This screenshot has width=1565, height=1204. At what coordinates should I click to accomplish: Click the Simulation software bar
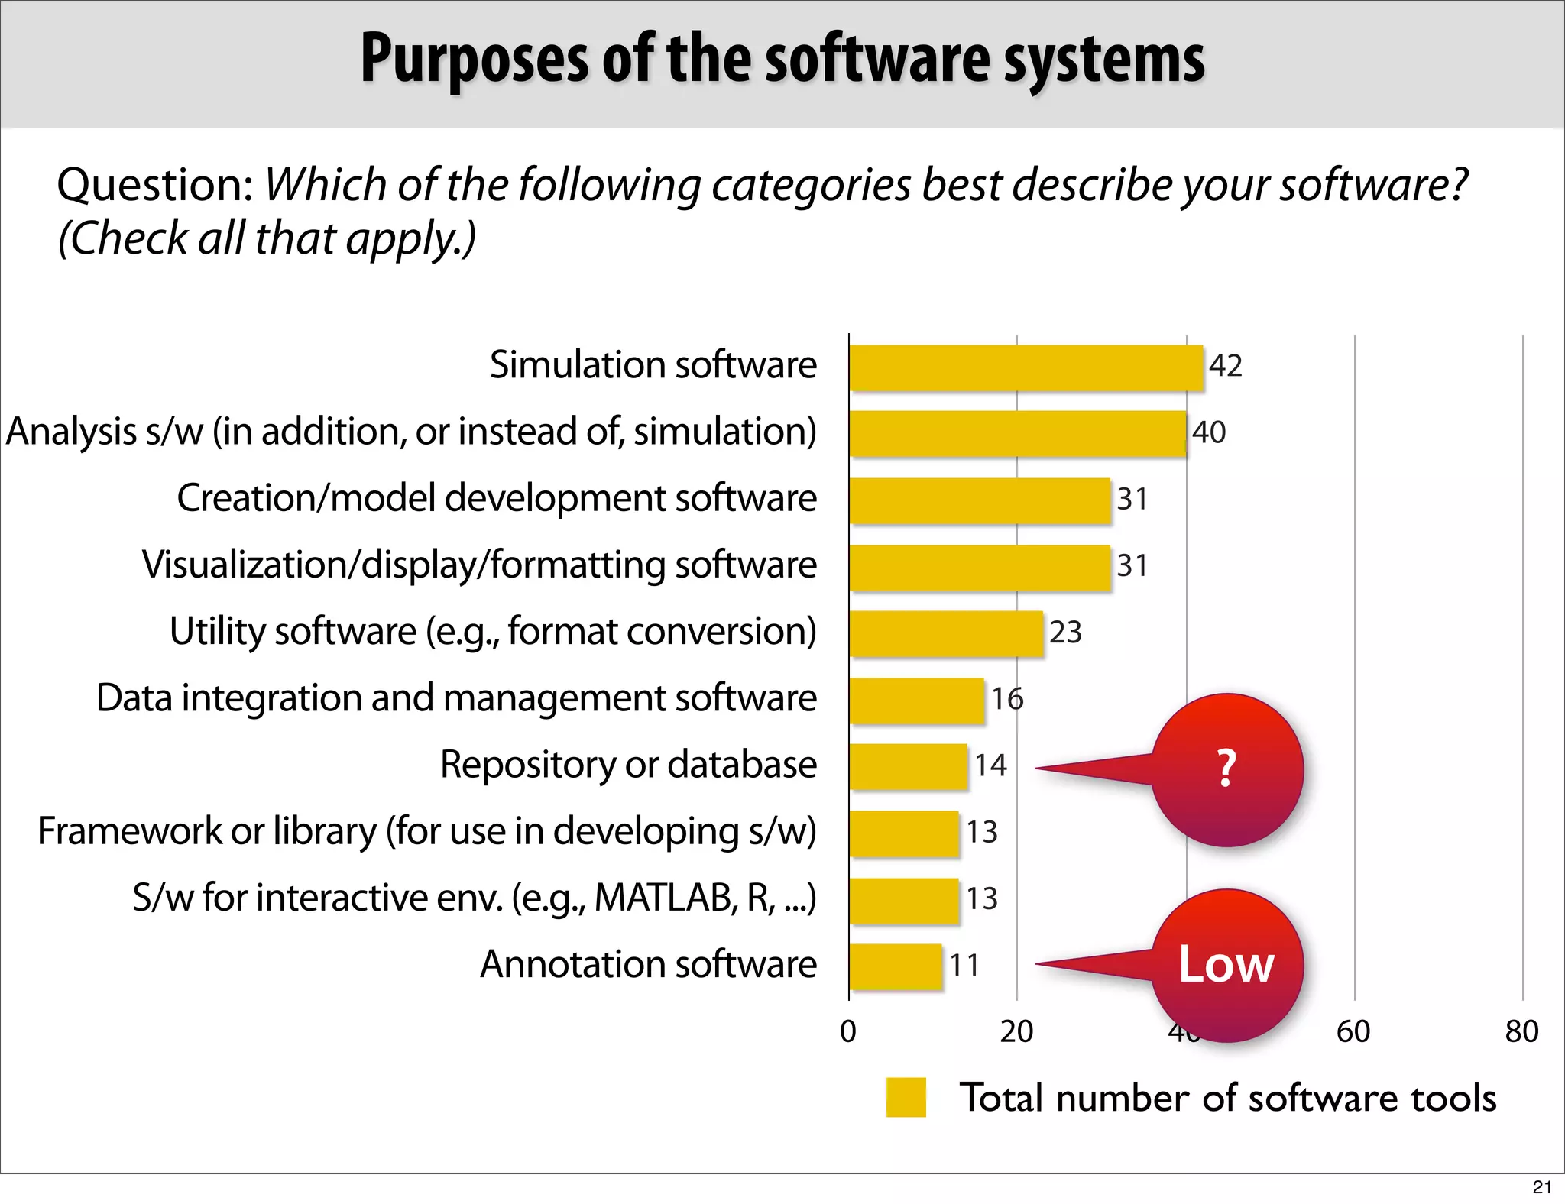pos(1026,367)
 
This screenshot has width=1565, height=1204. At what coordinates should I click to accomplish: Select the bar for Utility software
pos(946,633)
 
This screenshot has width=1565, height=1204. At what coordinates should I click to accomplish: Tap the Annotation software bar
pos(895,966)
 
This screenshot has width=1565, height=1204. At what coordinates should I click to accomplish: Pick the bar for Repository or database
pos(908,766)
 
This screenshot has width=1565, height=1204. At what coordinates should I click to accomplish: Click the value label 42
pos(1225,366)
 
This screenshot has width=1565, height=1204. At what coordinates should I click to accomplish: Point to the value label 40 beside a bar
pos(1208,432)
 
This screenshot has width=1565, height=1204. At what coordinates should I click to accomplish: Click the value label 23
pos(1065,633)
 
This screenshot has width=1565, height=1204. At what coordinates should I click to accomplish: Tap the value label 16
pos(1006,699)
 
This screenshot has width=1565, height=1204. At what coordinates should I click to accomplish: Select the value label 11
pos(964,966)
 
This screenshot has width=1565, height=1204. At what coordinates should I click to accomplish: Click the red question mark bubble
pos(1226,769)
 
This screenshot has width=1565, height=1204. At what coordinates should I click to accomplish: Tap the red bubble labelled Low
pos(1226,965)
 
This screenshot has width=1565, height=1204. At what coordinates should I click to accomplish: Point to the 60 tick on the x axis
pos(1353,1032)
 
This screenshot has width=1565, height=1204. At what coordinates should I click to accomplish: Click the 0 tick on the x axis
pos(848,1032)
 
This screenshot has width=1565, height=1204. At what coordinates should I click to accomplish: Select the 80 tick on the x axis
pos(1521,1032)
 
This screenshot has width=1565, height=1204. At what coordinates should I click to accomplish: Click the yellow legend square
pos(906,1098)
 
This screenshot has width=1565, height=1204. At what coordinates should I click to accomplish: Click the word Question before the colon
pos(152,186)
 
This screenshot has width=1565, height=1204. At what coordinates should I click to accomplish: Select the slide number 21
pos(1542,1187)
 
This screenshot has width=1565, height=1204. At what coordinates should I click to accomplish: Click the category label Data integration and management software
pos(456,698)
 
